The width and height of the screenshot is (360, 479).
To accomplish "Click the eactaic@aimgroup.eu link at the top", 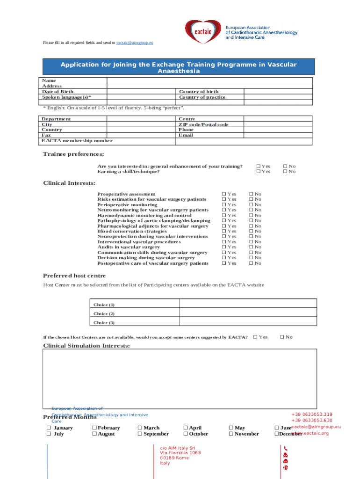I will (x=135, y=43).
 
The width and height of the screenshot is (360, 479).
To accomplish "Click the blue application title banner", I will (x=179, y=67).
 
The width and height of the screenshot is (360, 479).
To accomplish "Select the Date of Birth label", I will (x=58, y=92).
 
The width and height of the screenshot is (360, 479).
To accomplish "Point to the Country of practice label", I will (x=202, y=97).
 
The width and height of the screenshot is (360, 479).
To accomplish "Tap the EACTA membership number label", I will (x=77, y=140).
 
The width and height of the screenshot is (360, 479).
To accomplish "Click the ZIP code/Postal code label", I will (x=203, y=124).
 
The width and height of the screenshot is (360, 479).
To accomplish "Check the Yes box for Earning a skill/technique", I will (x=259, y=172).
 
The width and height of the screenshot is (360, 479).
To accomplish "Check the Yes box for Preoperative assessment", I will (x=224, y=194).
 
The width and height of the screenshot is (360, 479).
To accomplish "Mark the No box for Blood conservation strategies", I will (x=251, y=232).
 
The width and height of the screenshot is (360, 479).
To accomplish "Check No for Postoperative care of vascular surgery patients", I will (x=251, y=263).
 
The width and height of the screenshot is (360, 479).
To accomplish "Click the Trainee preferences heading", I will (x=73, y=154).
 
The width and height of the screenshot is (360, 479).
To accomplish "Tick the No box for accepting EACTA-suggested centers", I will (x=282, y=337).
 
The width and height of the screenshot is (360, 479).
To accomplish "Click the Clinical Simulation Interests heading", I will (x=86, y=346).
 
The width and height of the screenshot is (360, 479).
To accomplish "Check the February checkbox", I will (x=94, y=428).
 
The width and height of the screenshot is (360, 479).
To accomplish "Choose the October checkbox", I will (x=186, y=434).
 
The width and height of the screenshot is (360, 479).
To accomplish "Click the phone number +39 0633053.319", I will (x=311, y=414).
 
